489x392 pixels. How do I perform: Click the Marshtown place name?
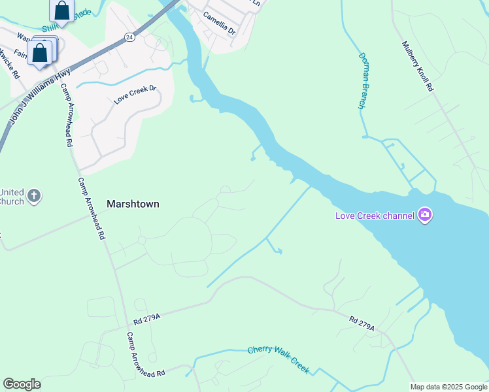tap(133, 204)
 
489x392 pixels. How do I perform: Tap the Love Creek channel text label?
tap(375, 216)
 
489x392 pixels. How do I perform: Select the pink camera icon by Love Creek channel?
tap(426, 215)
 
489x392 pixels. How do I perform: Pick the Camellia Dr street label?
tap(219, 23)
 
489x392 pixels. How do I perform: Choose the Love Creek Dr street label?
tap(135, 94)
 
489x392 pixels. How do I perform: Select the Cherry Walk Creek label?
tap(278, 359)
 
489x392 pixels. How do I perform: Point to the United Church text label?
tap(12, 197)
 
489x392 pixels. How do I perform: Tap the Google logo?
tap(22, 384)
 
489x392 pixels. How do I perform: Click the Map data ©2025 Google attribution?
tap(448, 387)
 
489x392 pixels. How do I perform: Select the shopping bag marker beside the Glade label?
tap(61, 10)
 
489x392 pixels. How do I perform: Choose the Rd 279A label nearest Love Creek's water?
tap(362, 323)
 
